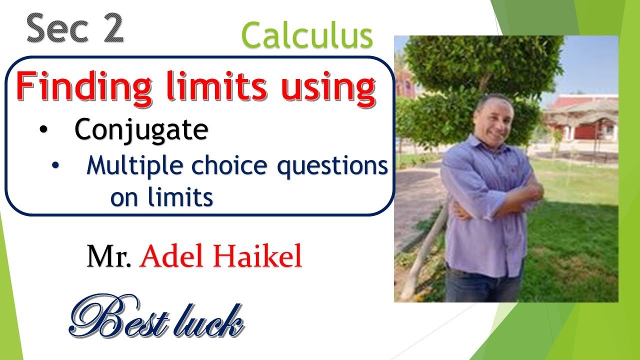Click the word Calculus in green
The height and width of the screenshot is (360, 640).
point(307,36)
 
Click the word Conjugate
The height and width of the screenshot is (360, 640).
point(141,130)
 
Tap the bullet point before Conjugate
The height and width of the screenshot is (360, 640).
point(44,130)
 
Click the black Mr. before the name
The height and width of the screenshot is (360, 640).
point(109,257)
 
